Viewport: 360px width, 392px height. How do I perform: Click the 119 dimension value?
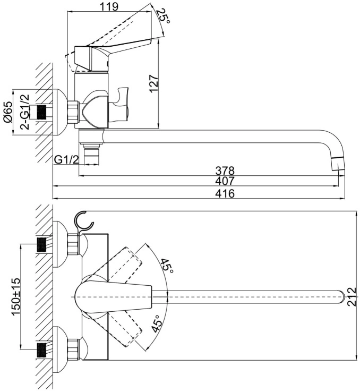[109, 7]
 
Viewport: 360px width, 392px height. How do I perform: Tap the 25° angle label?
[164, 16]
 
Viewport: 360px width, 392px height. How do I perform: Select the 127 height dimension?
[154, 83]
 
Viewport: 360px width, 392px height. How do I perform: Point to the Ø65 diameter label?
[8, 112]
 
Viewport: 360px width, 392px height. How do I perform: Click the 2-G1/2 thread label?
[25, 112]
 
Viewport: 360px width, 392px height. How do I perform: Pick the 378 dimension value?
[225, 171]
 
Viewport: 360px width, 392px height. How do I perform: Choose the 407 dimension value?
[225, 181]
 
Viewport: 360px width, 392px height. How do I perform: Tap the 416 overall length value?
[225, 193]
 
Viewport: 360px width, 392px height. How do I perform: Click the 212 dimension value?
[352, 297]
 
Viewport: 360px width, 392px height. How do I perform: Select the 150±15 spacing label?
[16, 297]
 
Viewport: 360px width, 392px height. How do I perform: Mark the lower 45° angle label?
[157, 323]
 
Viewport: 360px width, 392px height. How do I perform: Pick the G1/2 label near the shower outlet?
[66, 159]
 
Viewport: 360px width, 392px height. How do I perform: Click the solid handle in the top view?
[114, 297]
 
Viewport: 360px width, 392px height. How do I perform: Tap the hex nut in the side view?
[73, 112]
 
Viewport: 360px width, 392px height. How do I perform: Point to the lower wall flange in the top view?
[60, 347]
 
